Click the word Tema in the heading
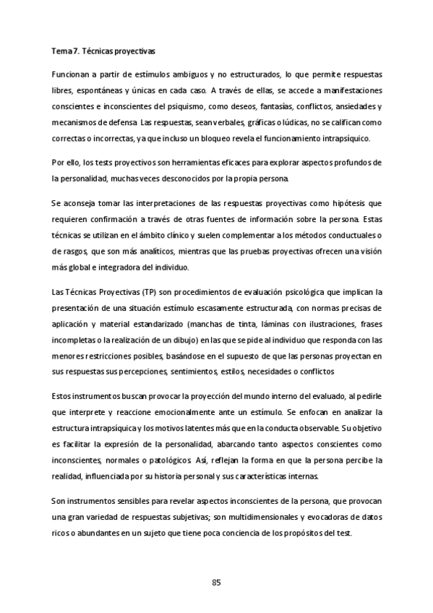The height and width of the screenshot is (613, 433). coord(61,52)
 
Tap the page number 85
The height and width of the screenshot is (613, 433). coord(216,583)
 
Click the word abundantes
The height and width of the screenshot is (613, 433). coord(106,534)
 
